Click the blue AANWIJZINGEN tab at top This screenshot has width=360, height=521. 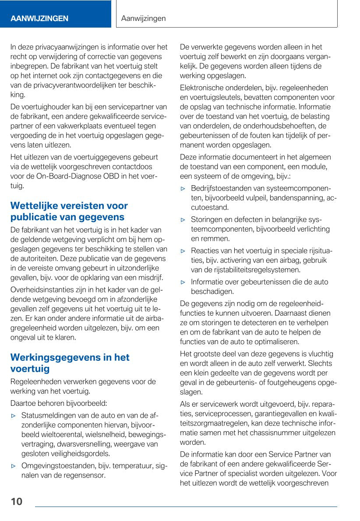[39, 18]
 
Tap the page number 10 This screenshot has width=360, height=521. [16, 502]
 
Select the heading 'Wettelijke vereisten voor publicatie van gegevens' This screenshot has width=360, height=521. [69, 211]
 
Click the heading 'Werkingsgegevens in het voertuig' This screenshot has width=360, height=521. [70, 363]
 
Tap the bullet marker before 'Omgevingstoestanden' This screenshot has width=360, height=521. [14, 465]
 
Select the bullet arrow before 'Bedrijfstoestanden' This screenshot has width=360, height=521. [184, 188]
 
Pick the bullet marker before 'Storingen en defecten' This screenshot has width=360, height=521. [184, 220]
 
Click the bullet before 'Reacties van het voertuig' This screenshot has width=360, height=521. [184, 251]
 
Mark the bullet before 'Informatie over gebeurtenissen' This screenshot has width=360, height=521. [184, 282]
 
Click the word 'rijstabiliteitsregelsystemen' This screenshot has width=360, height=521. [257, 270]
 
